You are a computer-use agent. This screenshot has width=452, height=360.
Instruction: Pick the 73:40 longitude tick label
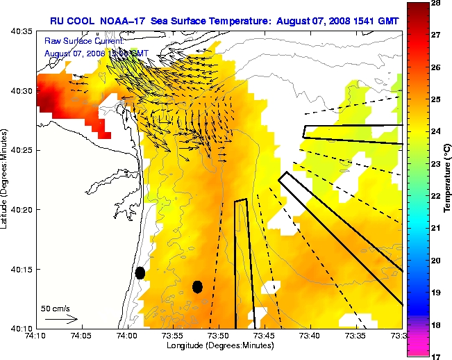(310, 335)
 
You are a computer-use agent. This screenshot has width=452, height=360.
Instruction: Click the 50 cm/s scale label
(56, 308)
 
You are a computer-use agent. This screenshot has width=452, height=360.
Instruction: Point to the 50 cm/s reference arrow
(61, 320)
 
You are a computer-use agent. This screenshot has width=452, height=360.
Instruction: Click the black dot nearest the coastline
(140, 272)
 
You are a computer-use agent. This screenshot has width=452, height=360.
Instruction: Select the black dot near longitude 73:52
(197, 286)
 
